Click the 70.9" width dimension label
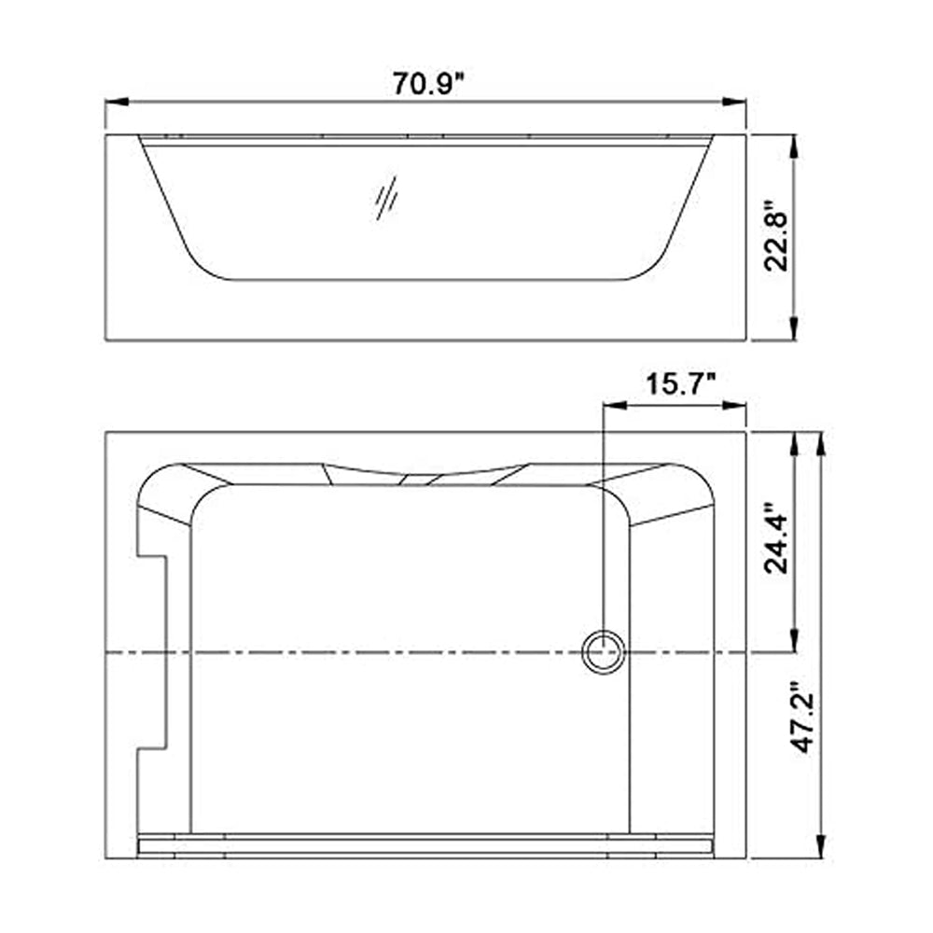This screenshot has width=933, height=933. coord(428,84)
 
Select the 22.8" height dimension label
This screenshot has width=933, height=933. coord(776,235)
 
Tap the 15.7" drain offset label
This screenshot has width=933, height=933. coord(680,383)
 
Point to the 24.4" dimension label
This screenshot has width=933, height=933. coord(776,539)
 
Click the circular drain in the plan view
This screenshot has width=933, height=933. coord(603,650)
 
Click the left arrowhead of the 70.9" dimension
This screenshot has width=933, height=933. coord(114,102)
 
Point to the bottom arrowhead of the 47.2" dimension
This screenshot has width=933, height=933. coord(821,849)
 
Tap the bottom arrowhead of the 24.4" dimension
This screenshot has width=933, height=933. coord(793,642)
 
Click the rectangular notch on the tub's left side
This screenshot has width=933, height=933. coord(152,652)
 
